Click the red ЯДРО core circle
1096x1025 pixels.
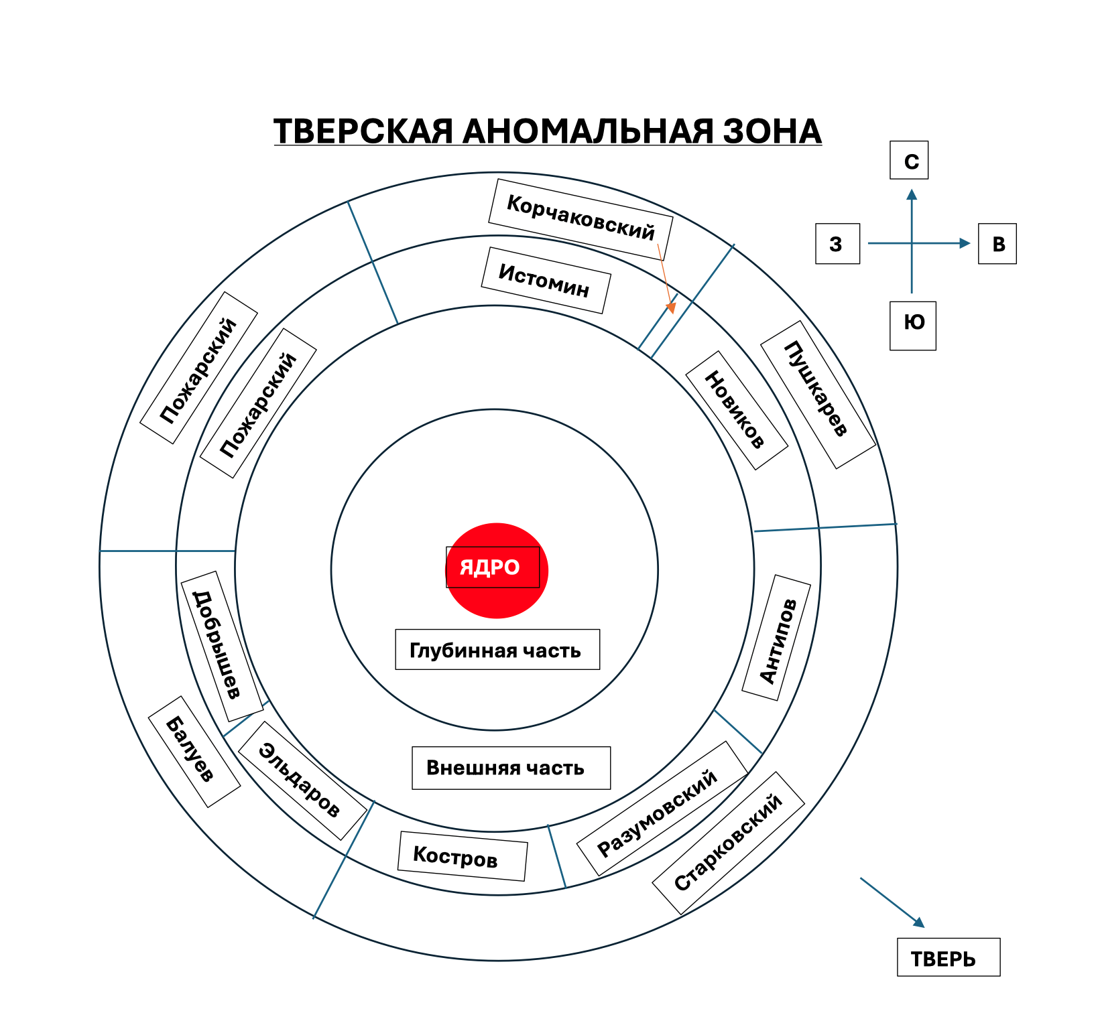497,570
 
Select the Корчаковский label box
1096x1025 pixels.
581,218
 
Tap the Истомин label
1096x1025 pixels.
546,280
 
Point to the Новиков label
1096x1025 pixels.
737,410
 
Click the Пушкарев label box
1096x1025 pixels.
818,395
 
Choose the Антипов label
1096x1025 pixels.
776,637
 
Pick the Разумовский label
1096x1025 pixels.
662,809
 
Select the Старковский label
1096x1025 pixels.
728,843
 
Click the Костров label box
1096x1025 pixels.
462,856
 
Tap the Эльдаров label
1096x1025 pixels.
302,780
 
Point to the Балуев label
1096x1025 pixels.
194,752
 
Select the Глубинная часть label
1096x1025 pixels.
497,649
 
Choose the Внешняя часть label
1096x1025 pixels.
511,768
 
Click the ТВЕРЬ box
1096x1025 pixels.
949,957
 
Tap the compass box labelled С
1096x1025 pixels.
909,160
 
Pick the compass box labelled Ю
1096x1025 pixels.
913,326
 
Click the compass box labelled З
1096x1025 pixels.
838,244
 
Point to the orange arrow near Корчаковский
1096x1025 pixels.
666,279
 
